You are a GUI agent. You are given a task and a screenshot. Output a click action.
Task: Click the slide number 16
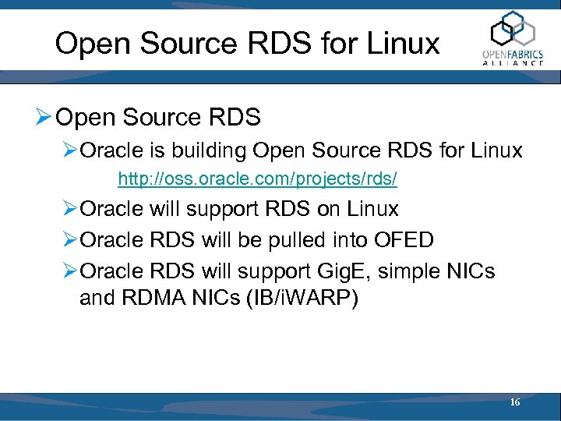(514, 402)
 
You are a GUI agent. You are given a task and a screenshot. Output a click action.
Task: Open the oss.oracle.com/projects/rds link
(257, 180)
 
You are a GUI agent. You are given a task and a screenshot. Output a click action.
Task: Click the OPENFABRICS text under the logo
(513, 53)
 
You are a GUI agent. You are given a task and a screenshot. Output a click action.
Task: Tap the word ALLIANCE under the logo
(513, 62)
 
